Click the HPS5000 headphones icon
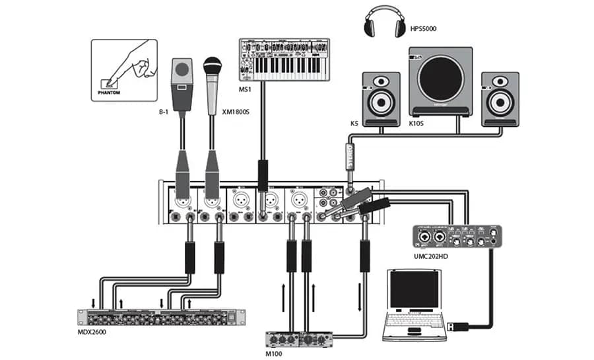(383, 24)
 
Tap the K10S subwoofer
(440, 81)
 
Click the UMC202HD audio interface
(457, 236)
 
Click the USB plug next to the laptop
(456, 326)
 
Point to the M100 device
(300, 340)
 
